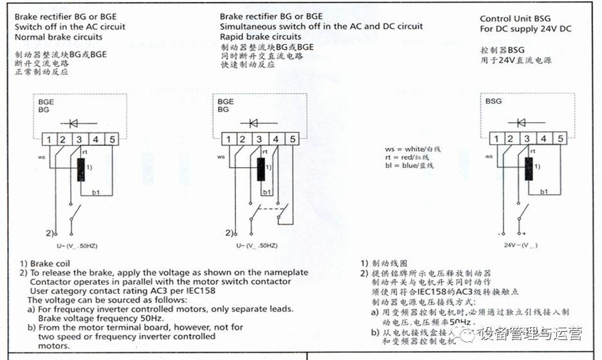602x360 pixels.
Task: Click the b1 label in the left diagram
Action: (96, 192)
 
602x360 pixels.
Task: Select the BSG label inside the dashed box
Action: (493, 101)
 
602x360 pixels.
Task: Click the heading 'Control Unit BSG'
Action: (515, 19)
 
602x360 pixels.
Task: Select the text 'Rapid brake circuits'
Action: (260, 37)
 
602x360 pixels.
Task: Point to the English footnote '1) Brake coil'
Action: (45, 263)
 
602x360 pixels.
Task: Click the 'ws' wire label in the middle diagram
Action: (221, 156)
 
